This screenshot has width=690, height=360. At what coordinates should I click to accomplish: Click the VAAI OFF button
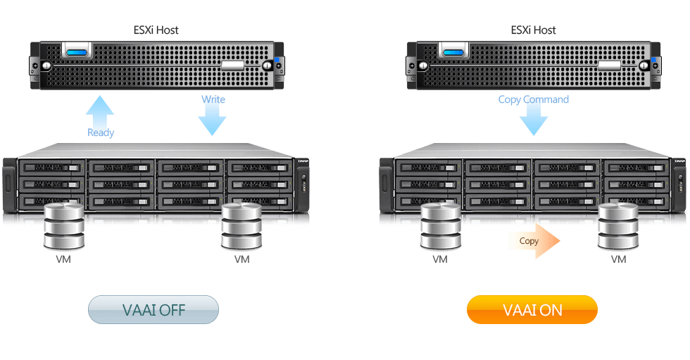coord(153,310)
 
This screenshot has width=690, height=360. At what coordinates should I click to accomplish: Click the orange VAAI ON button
coord(532,310)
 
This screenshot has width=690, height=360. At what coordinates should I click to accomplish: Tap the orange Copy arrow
coord(534,241)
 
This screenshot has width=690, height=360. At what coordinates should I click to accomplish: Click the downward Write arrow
coord(213,116)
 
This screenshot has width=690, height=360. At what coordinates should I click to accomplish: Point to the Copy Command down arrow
coord(533,118)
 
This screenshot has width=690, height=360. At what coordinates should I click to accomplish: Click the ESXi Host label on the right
coord(532,30)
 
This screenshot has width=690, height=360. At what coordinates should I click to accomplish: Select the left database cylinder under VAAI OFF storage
coord(63,225)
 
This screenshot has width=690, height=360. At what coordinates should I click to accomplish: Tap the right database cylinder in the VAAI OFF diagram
coord(241,225)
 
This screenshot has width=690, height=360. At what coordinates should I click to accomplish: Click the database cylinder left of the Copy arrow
coord(441,225)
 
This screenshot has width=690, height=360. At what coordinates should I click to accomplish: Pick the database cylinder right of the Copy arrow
coord(618,225)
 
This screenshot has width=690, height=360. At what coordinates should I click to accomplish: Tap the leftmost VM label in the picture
coord(63,259)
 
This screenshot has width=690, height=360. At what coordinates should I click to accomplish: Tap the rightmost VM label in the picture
coord(618,259)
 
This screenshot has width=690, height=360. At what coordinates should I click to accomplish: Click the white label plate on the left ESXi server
coord(233,65)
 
